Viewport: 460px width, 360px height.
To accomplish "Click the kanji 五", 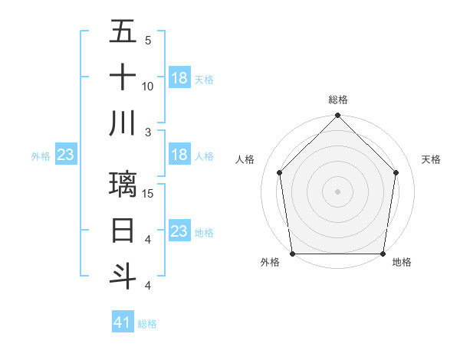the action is pos(123,32).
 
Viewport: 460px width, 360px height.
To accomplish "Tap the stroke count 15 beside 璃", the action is pos(149,193).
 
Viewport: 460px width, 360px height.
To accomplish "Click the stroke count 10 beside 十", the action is pos(148,87).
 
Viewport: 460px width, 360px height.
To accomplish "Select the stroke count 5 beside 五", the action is pos(148,41).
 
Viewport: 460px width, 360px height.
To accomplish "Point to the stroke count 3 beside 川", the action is pos(148,132).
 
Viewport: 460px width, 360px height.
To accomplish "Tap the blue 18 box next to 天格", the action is pos(179,78).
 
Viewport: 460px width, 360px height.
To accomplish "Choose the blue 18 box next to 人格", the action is pos(179,155).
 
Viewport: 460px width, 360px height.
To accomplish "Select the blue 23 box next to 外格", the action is pos(65,155).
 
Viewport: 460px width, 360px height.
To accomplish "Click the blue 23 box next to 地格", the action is pos(179,231).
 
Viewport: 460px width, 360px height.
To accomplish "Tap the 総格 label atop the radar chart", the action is pos(338,100).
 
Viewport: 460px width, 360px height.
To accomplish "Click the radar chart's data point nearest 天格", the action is pos(396,172).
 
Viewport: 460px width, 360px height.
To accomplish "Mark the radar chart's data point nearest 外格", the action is pos(292,254).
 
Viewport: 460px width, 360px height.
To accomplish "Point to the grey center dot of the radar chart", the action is pos(337,191).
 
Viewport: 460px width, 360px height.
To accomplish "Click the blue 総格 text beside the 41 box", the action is pos(147,324).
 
